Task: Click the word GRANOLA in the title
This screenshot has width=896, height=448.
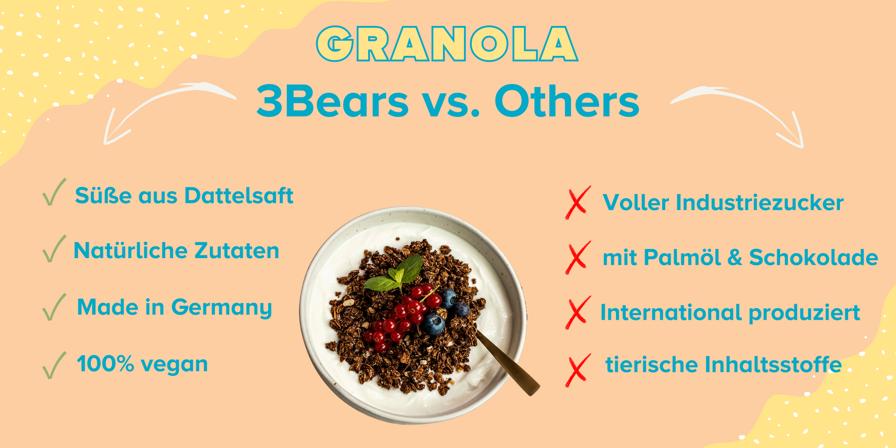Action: [447, 43]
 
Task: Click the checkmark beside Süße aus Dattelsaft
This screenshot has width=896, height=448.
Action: [54, 192]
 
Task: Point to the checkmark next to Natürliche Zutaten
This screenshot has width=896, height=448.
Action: [54, 248]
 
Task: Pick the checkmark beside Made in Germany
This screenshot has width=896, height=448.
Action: [54, 307]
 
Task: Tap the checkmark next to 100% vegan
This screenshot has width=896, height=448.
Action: [54, 365]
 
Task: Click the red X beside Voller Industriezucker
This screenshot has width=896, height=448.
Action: [578, 202]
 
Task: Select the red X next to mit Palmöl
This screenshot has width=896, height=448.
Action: [578, 258]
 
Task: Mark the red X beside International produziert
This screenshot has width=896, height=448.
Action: [578, 313]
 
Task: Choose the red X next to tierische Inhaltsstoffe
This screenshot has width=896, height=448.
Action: [578, 370]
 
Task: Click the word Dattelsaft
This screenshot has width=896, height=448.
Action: [239, 196]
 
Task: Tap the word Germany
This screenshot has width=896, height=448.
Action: [221, 308]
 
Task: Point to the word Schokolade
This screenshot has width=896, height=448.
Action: [813, 258]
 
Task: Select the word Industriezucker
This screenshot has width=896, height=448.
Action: [759, 202]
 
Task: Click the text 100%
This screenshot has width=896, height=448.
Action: [105, 363]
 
